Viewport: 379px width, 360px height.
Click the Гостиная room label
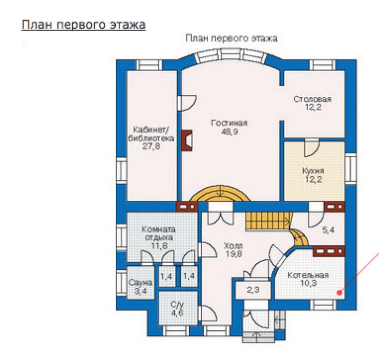coord(229,123)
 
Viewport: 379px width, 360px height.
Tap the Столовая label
coord(312,99)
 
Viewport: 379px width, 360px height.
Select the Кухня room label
coord(313,171)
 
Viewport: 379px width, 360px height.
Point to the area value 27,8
coord(151,146)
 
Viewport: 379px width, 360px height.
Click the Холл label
coord(233,246)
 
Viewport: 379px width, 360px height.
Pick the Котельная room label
coord(308,275)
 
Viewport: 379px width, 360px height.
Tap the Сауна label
coord(140,283)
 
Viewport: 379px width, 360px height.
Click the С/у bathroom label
coord(177,304)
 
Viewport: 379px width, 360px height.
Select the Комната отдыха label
coord(159,233)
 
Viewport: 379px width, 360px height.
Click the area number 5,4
coord(328,230)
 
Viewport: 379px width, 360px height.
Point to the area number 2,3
coord(253,289)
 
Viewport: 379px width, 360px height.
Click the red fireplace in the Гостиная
coord(187,140)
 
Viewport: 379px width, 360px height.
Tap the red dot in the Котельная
coord(340,293)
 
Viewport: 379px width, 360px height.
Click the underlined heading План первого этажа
coord(83,25)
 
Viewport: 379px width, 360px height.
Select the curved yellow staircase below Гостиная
coord(220,193)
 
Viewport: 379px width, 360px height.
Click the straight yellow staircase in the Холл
coord(268,222)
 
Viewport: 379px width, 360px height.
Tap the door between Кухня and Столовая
coord(311,147)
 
